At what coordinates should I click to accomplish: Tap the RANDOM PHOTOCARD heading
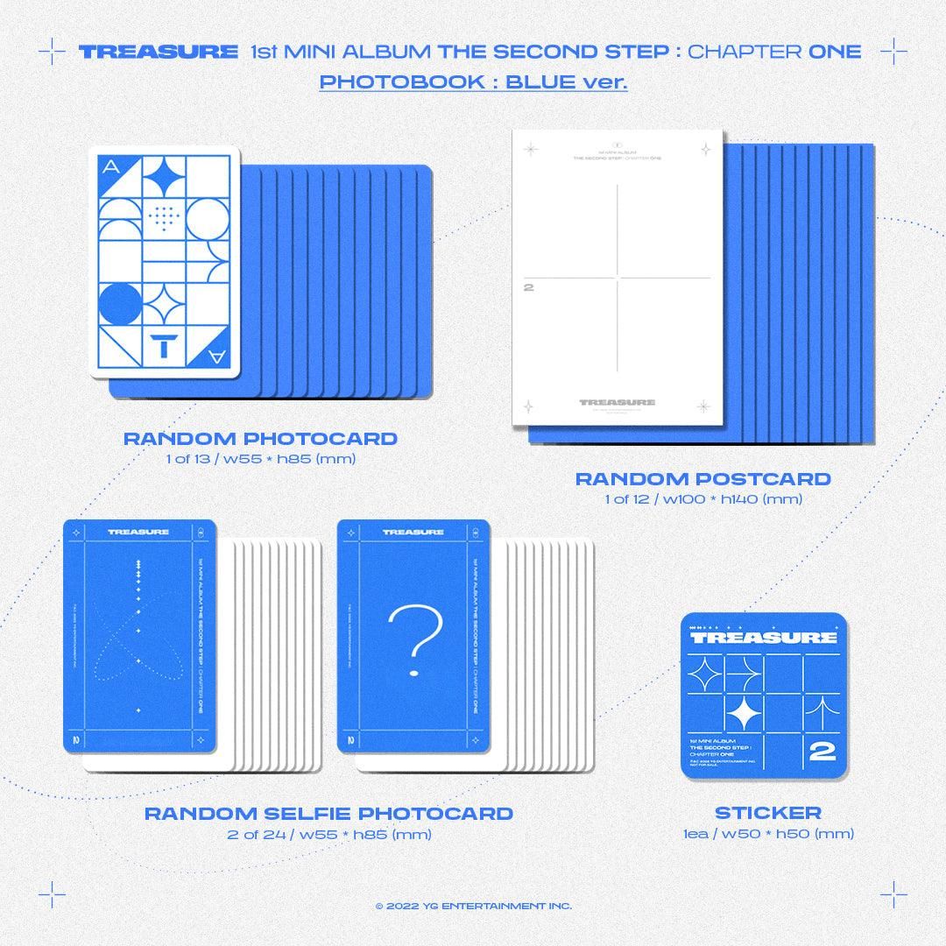tap(260, 439)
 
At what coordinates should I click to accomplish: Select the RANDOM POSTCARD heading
tap(702, 479)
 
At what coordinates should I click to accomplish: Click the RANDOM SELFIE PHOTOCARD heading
tap(328, 814)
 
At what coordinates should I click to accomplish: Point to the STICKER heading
tap(767, 814)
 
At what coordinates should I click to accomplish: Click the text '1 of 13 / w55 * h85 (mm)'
tap(260, 459)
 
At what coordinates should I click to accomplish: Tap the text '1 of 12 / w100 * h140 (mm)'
tap(702, 499)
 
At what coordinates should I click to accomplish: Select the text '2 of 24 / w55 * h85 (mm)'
tap(328, 834)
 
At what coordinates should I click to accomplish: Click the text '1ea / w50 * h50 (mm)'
tap(767, 834)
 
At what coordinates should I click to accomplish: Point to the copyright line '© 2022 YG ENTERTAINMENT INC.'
tap(473, 906)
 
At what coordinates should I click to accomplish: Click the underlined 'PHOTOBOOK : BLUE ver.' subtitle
tap(473, 82)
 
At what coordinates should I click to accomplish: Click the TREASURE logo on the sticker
tap(766, 637)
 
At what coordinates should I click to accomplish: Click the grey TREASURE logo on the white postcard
tap(617, 403)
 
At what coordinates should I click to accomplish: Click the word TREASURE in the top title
tap(145, 52)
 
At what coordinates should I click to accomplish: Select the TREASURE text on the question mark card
tap(413, 532)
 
